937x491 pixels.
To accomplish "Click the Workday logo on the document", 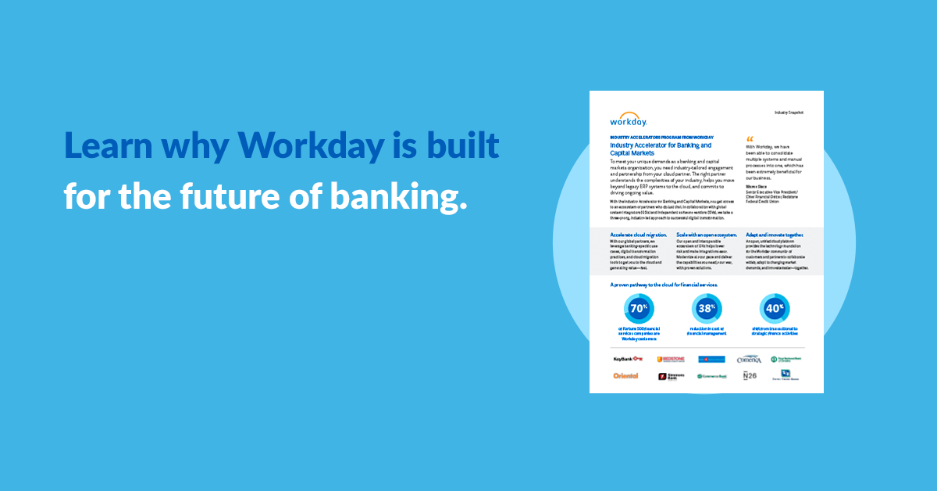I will point(629,120).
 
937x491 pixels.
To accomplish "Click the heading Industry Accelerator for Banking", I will point(661,149).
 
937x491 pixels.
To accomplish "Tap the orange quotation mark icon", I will point(751,138).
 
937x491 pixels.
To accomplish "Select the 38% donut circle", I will point(707,308).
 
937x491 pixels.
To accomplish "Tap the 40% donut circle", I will point(774,308).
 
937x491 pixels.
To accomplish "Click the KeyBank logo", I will point(628,359).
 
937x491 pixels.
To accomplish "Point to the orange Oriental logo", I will point(625,376).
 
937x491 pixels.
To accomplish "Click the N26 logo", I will point(750,376).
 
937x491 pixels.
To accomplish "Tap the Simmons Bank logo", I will point(670,376).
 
